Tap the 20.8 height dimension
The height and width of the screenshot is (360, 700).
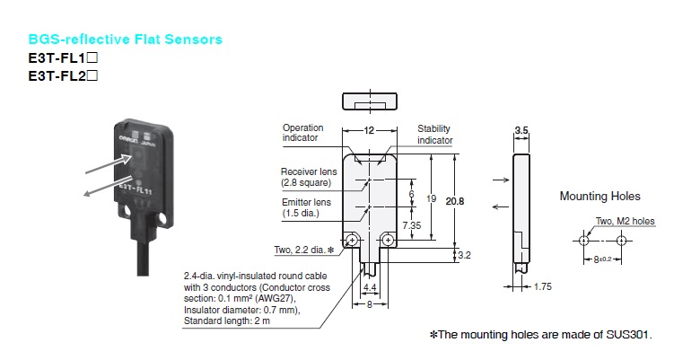[x=456, y=200]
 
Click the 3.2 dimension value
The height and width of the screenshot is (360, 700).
[x=466, y=255]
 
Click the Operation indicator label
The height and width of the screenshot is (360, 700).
[x=302, y=134]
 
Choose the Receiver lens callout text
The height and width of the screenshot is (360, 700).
[x=306, y=177]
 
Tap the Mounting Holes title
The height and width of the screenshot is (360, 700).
[x=600, y=196]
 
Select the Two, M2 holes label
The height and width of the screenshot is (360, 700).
[x=626, y=220]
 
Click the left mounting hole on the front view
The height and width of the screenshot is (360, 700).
[x=354, y=240]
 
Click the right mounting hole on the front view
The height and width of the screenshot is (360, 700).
[x=388, y=240]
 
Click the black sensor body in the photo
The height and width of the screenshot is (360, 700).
[x=148, y=180]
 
